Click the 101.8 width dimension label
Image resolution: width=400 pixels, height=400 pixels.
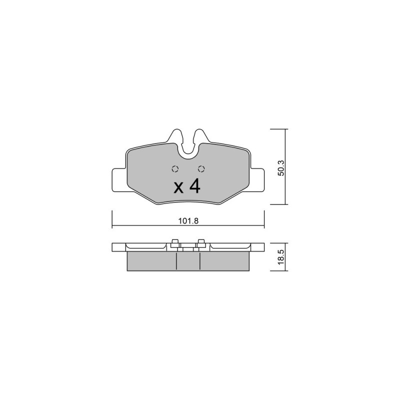click(188, 220)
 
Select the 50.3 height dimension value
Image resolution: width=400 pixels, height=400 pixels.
click(281, 168)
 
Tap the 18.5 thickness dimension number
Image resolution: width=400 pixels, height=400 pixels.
click(281, 257)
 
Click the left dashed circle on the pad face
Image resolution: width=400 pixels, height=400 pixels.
click(175, 168)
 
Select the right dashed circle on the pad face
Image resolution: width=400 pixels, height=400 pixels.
click(201, 168)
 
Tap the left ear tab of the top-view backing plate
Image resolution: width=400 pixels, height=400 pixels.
click(119, 179)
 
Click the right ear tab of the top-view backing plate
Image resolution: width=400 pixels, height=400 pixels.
click(257, 179)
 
